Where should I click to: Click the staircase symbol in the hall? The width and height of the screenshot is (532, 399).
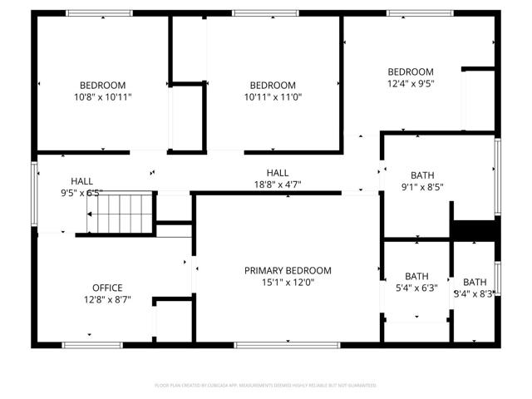point(121,213)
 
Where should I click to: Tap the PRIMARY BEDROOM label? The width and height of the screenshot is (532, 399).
point(288,270)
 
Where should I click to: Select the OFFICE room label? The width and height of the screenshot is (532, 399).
point(107,288)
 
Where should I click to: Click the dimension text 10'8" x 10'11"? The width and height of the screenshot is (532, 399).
point(102,97)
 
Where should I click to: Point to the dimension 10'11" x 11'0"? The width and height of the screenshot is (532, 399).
point(273,97)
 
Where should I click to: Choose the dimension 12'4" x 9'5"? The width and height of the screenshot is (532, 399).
point(411,83)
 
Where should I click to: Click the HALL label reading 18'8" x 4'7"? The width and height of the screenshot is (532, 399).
point(278,172)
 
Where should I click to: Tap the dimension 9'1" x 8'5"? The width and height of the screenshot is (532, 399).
point(422,187)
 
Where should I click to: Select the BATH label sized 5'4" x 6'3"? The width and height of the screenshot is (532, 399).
point(416,276)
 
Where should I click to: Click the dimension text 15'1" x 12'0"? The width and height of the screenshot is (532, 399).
point(288,282)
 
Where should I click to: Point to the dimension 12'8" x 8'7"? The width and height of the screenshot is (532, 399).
point(107,299)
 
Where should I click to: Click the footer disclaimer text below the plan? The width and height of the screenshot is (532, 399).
point(266,385)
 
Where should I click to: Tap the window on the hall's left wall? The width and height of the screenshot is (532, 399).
point(34,193)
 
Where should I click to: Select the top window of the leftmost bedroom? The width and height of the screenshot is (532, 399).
point(99,13)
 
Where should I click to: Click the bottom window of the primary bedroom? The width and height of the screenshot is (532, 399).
point(287,344)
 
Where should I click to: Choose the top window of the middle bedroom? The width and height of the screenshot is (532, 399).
point(254,13)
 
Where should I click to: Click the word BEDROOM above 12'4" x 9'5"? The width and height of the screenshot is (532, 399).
point(411,71)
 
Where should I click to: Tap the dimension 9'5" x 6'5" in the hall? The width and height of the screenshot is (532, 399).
point(81,193)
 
